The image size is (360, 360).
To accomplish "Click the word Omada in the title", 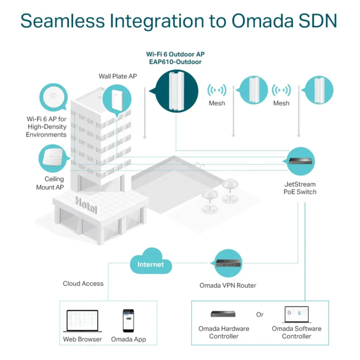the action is (262, 21).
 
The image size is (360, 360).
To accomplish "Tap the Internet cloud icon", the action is (151, 262).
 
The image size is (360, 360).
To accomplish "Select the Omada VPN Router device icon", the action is (228, 263).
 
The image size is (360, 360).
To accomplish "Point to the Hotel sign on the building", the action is (86, 205).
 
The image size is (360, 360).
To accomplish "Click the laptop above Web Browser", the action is (82, 321).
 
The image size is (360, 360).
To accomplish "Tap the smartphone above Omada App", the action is (128, 321).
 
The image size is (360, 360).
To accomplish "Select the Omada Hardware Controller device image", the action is (223, 314).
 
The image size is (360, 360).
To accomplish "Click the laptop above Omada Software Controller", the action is (296, 314).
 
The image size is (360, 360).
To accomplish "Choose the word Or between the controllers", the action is (260, 314).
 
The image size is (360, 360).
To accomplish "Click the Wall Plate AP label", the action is (118, 76).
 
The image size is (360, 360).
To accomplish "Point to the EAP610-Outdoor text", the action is (176, 62).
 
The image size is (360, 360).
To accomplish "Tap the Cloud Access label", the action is (83, 284).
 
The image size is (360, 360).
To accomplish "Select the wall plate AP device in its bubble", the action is (117, 100).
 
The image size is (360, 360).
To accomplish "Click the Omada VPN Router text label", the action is (228, 285).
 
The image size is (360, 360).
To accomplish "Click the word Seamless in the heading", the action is (62, 21).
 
